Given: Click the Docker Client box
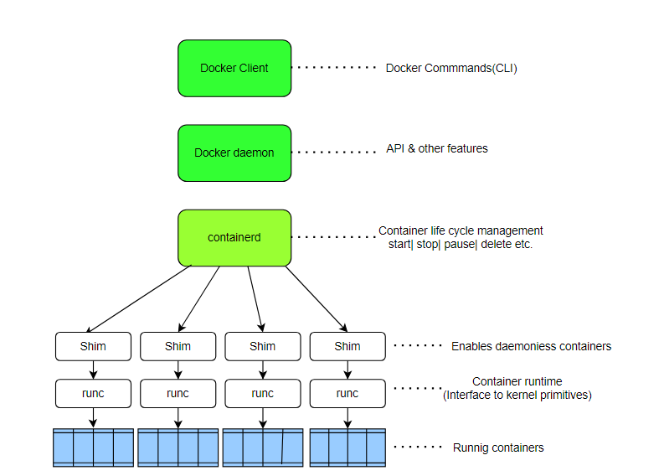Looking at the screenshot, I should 234,68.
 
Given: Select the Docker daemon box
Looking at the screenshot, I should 234,153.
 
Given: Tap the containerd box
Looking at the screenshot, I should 234,237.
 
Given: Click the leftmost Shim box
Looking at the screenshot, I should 93,345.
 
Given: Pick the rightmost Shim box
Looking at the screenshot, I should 347,345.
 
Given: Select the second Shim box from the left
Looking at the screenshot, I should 178,345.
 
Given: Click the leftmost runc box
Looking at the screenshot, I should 93,393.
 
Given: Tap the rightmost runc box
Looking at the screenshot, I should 347,393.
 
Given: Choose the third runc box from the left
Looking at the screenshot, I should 262,393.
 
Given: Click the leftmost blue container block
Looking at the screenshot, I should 93,448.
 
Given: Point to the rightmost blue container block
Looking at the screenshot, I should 347,448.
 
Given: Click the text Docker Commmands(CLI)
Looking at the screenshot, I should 451,69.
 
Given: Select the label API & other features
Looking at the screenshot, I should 436,148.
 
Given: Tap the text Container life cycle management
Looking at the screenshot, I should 461,230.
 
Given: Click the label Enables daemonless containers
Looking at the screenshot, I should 531,346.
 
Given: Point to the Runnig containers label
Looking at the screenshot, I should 497,448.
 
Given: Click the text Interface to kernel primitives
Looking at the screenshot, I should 517,395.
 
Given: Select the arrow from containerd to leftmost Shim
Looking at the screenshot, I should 138,299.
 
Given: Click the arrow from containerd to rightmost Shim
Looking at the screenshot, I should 317,299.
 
